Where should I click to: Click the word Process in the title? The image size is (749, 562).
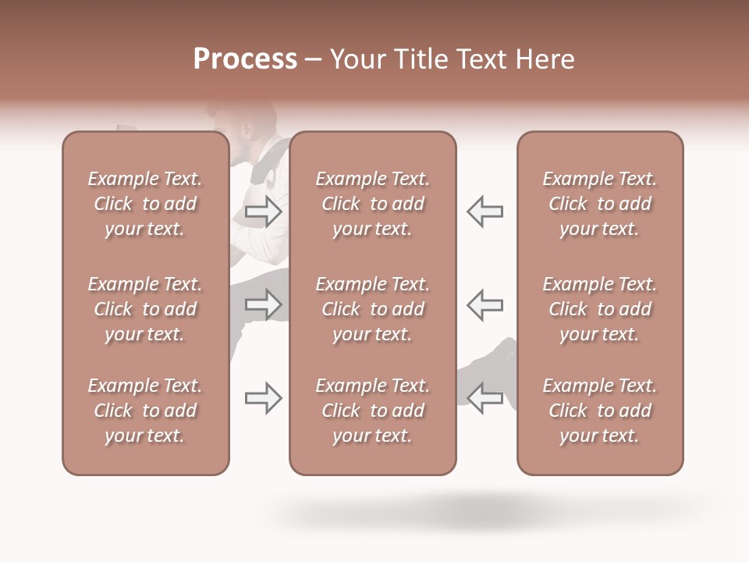(x=245, y=59)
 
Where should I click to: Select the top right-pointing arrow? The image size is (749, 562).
(x=264, y=212)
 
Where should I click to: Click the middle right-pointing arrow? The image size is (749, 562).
(x=264, y=304)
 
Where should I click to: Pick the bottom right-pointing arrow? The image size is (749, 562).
(x=264, y=398)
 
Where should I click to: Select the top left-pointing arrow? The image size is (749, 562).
(x=485, y=212)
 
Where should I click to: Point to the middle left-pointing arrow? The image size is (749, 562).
(x=485, y=304)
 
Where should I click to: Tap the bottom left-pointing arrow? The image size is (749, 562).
(x=485, y=398)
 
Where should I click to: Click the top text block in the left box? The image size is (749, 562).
(x=145, y=204)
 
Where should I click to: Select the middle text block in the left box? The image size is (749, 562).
(x=145, y=309)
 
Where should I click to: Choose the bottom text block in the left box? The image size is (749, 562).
(x=145, y=411)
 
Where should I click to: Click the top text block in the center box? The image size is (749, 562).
(x=373, y=204)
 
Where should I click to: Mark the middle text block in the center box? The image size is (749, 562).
(x=373, y=309)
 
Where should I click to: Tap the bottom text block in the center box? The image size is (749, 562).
(x=373, y=411)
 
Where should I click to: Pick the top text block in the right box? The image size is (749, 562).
(x=600, y=204)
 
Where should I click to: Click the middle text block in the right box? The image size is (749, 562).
(x=600, y=309)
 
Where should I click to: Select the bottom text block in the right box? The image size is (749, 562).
(x=600, y=411)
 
